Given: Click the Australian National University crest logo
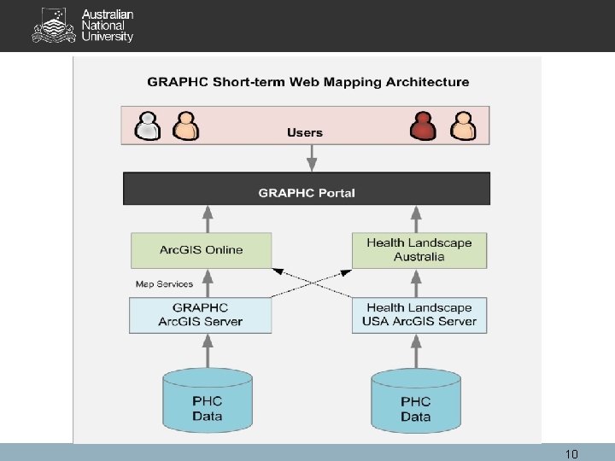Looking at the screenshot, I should pyautogui.click(x=53, y=26).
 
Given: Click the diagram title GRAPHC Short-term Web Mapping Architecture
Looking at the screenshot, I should pyautogui.click(x=308, y=82).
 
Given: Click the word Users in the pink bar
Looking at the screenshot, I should pyautogui.click(x=305, y=132).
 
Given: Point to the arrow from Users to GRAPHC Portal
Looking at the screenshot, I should pyautogui.click(x=312, y=157).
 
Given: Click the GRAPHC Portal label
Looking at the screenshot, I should pyautogui.click(x=307, y=193).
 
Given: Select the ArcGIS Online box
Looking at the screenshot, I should pyautogui.click(x=201, y=250).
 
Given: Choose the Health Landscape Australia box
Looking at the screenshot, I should pyautogui.click(x=419, y=249).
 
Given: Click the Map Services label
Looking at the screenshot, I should pyautogui.click(x=164, y=283).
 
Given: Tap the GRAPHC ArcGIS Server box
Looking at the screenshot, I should pyautogui.click(x=200, y=315).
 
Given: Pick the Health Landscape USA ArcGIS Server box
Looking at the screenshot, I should pyautogui.click(x=419, y=315).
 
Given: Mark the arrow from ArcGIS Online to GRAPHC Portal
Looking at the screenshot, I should pyautogui.click(x=207, y=219).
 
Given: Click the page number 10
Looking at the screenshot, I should pyautogui.click(x=571, y=454).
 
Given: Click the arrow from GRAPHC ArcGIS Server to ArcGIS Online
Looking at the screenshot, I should pyautogui.click(x=207, y=283).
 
